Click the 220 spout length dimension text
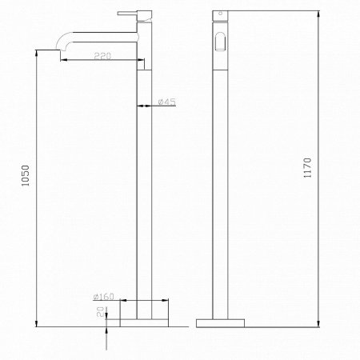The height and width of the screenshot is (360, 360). click(102, 55)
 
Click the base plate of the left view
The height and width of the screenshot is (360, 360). click(143, 322)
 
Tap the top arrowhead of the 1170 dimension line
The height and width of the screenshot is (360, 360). click(320, 15)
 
